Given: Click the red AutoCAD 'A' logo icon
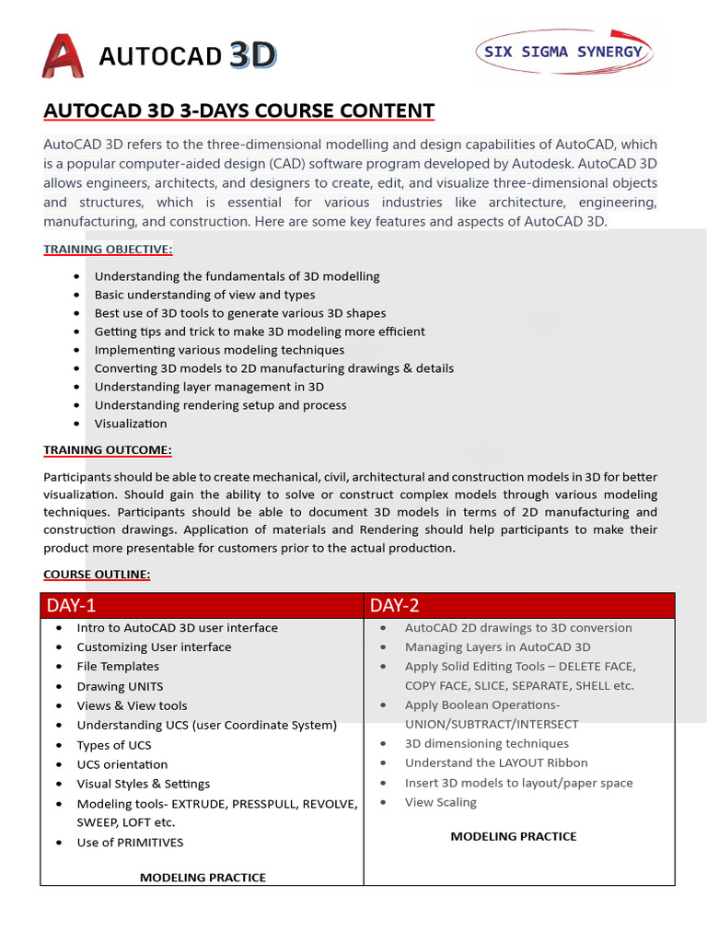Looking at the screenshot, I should (x=64, y=56).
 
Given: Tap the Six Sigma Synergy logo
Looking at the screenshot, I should (x=563, y=52).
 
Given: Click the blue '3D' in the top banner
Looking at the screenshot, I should (x=253, y=56).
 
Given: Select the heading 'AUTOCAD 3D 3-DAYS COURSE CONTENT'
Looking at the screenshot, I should (x=238, y=111).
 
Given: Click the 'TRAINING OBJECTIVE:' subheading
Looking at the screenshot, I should (x=108, y=249).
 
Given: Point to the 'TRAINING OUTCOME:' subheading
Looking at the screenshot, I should (x=107, y=449).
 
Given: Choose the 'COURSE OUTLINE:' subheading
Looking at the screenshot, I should (x=97, y=574).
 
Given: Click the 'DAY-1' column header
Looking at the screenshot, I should (x=72, y=605).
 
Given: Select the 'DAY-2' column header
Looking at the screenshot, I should (x=395, y=605).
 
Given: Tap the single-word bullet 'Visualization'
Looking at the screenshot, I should (x=131, y=424).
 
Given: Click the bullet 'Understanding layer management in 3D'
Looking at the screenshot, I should (x=209, y=387).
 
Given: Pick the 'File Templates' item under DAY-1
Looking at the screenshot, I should (x=118, y=666).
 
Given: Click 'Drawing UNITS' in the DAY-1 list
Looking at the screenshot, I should (x=120, y=686).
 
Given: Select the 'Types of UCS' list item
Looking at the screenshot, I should (x=114, y=745).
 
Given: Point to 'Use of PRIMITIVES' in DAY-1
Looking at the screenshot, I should (x=130, y=842).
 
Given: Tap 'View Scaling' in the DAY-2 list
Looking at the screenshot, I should (x=440, y=802).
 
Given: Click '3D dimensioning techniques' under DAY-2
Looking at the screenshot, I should (x=486, y=743).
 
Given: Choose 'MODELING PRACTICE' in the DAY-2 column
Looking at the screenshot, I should (x=513, y=836).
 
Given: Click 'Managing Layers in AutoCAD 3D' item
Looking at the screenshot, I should (x=497, y=646).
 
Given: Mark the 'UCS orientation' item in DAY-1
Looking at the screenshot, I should (x=122, y=764).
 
